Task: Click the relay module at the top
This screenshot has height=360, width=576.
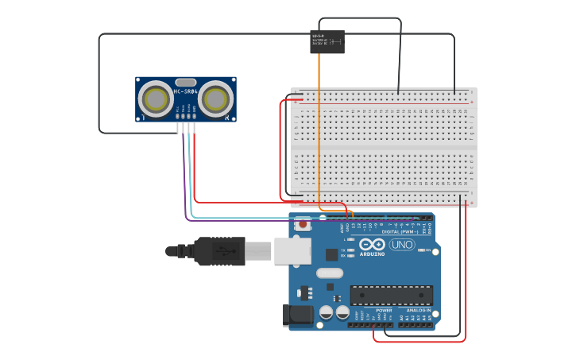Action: (327, 41)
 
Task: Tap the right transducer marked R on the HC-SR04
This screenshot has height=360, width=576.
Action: (216, 99)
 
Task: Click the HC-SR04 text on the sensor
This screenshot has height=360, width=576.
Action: (185, 91)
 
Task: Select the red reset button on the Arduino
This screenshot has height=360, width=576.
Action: (303, 224)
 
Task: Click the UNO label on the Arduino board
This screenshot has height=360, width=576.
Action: (401, 245)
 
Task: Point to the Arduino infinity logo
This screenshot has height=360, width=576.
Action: (371, 244)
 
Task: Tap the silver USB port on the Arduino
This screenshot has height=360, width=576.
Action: (292, 250)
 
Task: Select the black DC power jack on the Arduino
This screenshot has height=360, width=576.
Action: (299, 315)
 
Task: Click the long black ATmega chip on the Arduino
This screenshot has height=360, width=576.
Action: (392, 295)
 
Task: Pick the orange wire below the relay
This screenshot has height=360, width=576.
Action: (319, 127)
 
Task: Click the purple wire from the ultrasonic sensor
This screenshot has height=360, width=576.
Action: (185, 183)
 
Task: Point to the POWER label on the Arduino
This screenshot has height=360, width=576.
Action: (373, 310)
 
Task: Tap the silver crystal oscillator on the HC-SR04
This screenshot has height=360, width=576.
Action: (185, 82)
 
